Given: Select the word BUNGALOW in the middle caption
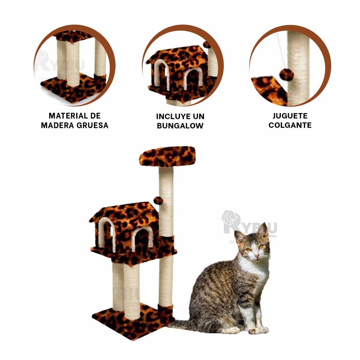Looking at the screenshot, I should coord(180,126).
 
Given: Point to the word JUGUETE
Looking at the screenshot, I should coord(290,116).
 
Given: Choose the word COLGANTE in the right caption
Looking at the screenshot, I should coord(290,125).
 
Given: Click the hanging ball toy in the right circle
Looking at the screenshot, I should coord(284,74).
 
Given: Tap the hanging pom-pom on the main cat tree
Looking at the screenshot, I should coord(158,200).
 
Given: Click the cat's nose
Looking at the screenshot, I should coord(256,255).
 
